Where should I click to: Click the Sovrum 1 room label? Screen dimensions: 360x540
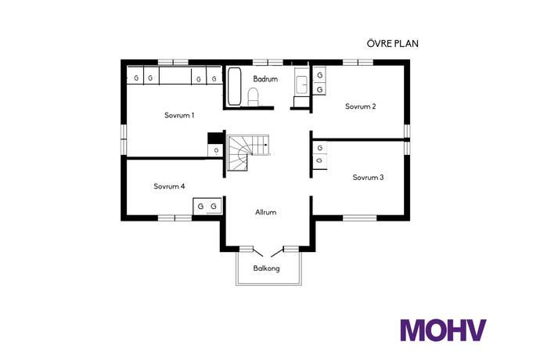point(179,115)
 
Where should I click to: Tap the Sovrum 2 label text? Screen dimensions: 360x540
point(361,106)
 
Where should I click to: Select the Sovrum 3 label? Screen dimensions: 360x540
point(368,178)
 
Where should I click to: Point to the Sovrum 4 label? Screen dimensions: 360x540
point(169,186)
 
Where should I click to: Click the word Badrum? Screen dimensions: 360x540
point(265,78)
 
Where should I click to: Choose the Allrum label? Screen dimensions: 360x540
point(266,212)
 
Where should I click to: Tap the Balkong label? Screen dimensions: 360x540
point(266,268)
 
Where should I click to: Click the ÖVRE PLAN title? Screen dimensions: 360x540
point(392,44)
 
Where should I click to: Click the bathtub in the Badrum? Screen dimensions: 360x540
point(234,87)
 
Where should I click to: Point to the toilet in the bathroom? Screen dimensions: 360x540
point(253,96)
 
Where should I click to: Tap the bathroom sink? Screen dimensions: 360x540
point(301,83)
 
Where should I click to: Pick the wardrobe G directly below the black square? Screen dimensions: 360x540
point(215,150)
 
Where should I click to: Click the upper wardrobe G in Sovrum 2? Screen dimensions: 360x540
point(320,75)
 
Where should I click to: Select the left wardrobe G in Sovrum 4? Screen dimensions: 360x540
point(201,206)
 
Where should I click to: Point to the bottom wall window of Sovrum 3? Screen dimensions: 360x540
point(360,217)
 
